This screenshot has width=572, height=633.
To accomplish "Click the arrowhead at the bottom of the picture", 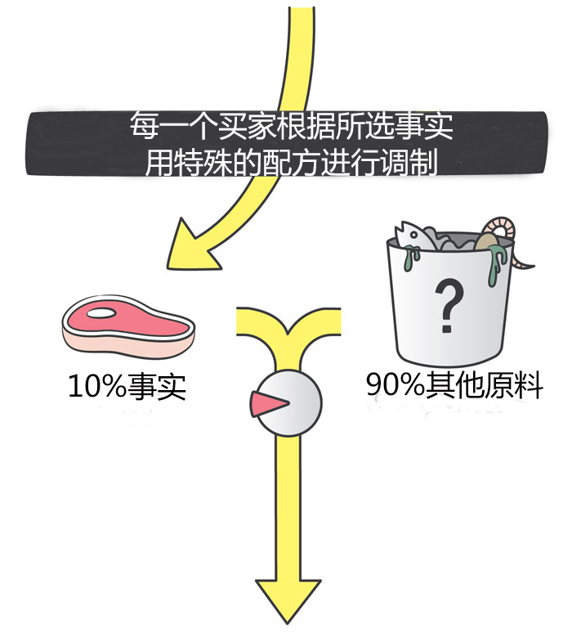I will (288, 602).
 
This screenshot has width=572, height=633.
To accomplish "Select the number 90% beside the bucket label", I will (394, 385).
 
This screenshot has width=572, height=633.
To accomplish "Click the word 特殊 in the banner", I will (202, 163).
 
